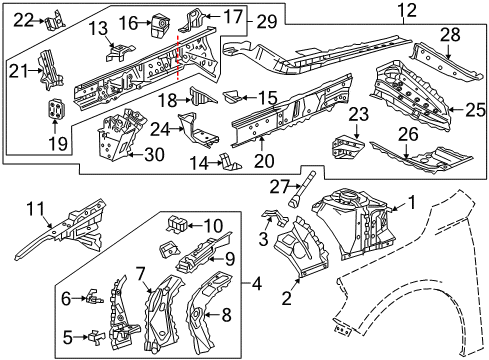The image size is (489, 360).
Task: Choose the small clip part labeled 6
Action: click(x=90, y=295)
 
